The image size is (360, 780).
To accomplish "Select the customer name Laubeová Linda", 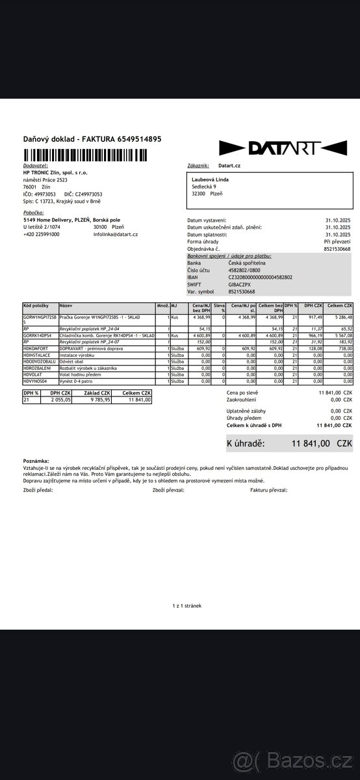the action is [x=210, y=179].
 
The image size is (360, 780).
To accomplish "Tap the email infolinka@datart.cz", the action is [x=116, y=234].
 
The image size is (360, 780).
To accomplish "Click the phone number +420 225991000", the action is [x=41, y=234].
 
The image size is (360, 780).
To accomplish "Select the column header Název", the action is [x=66, y=305].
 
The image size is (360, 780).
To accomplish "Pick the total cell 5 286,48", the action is [x=341, y=317].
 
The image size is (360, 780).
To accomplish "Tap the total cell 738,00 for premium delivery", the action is [x=343, y=348].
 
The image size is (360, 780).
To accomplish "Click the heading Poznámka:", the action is [x=36, y=460].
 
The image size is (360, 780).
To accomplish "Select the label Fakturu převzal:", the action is [x=268, y=490].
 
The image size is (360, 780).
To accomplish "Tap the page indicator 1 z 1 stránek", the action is [x=187, y=605].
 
